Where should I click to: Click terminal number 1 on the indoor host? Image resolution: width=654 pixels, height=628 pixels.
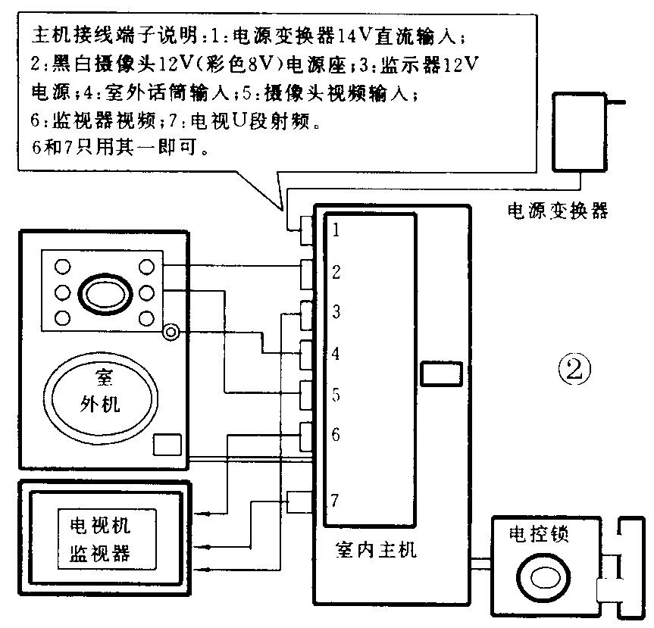coord(335,231)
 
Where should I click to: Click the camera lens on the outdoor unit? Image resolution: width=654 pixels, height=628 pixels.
coord(104,292)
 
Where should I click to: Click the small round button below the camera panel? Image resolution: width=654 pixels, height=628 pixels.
coord(171,331)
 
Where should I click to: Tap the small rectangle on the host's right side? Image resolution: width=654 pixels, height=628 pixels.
coord(439,373)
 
